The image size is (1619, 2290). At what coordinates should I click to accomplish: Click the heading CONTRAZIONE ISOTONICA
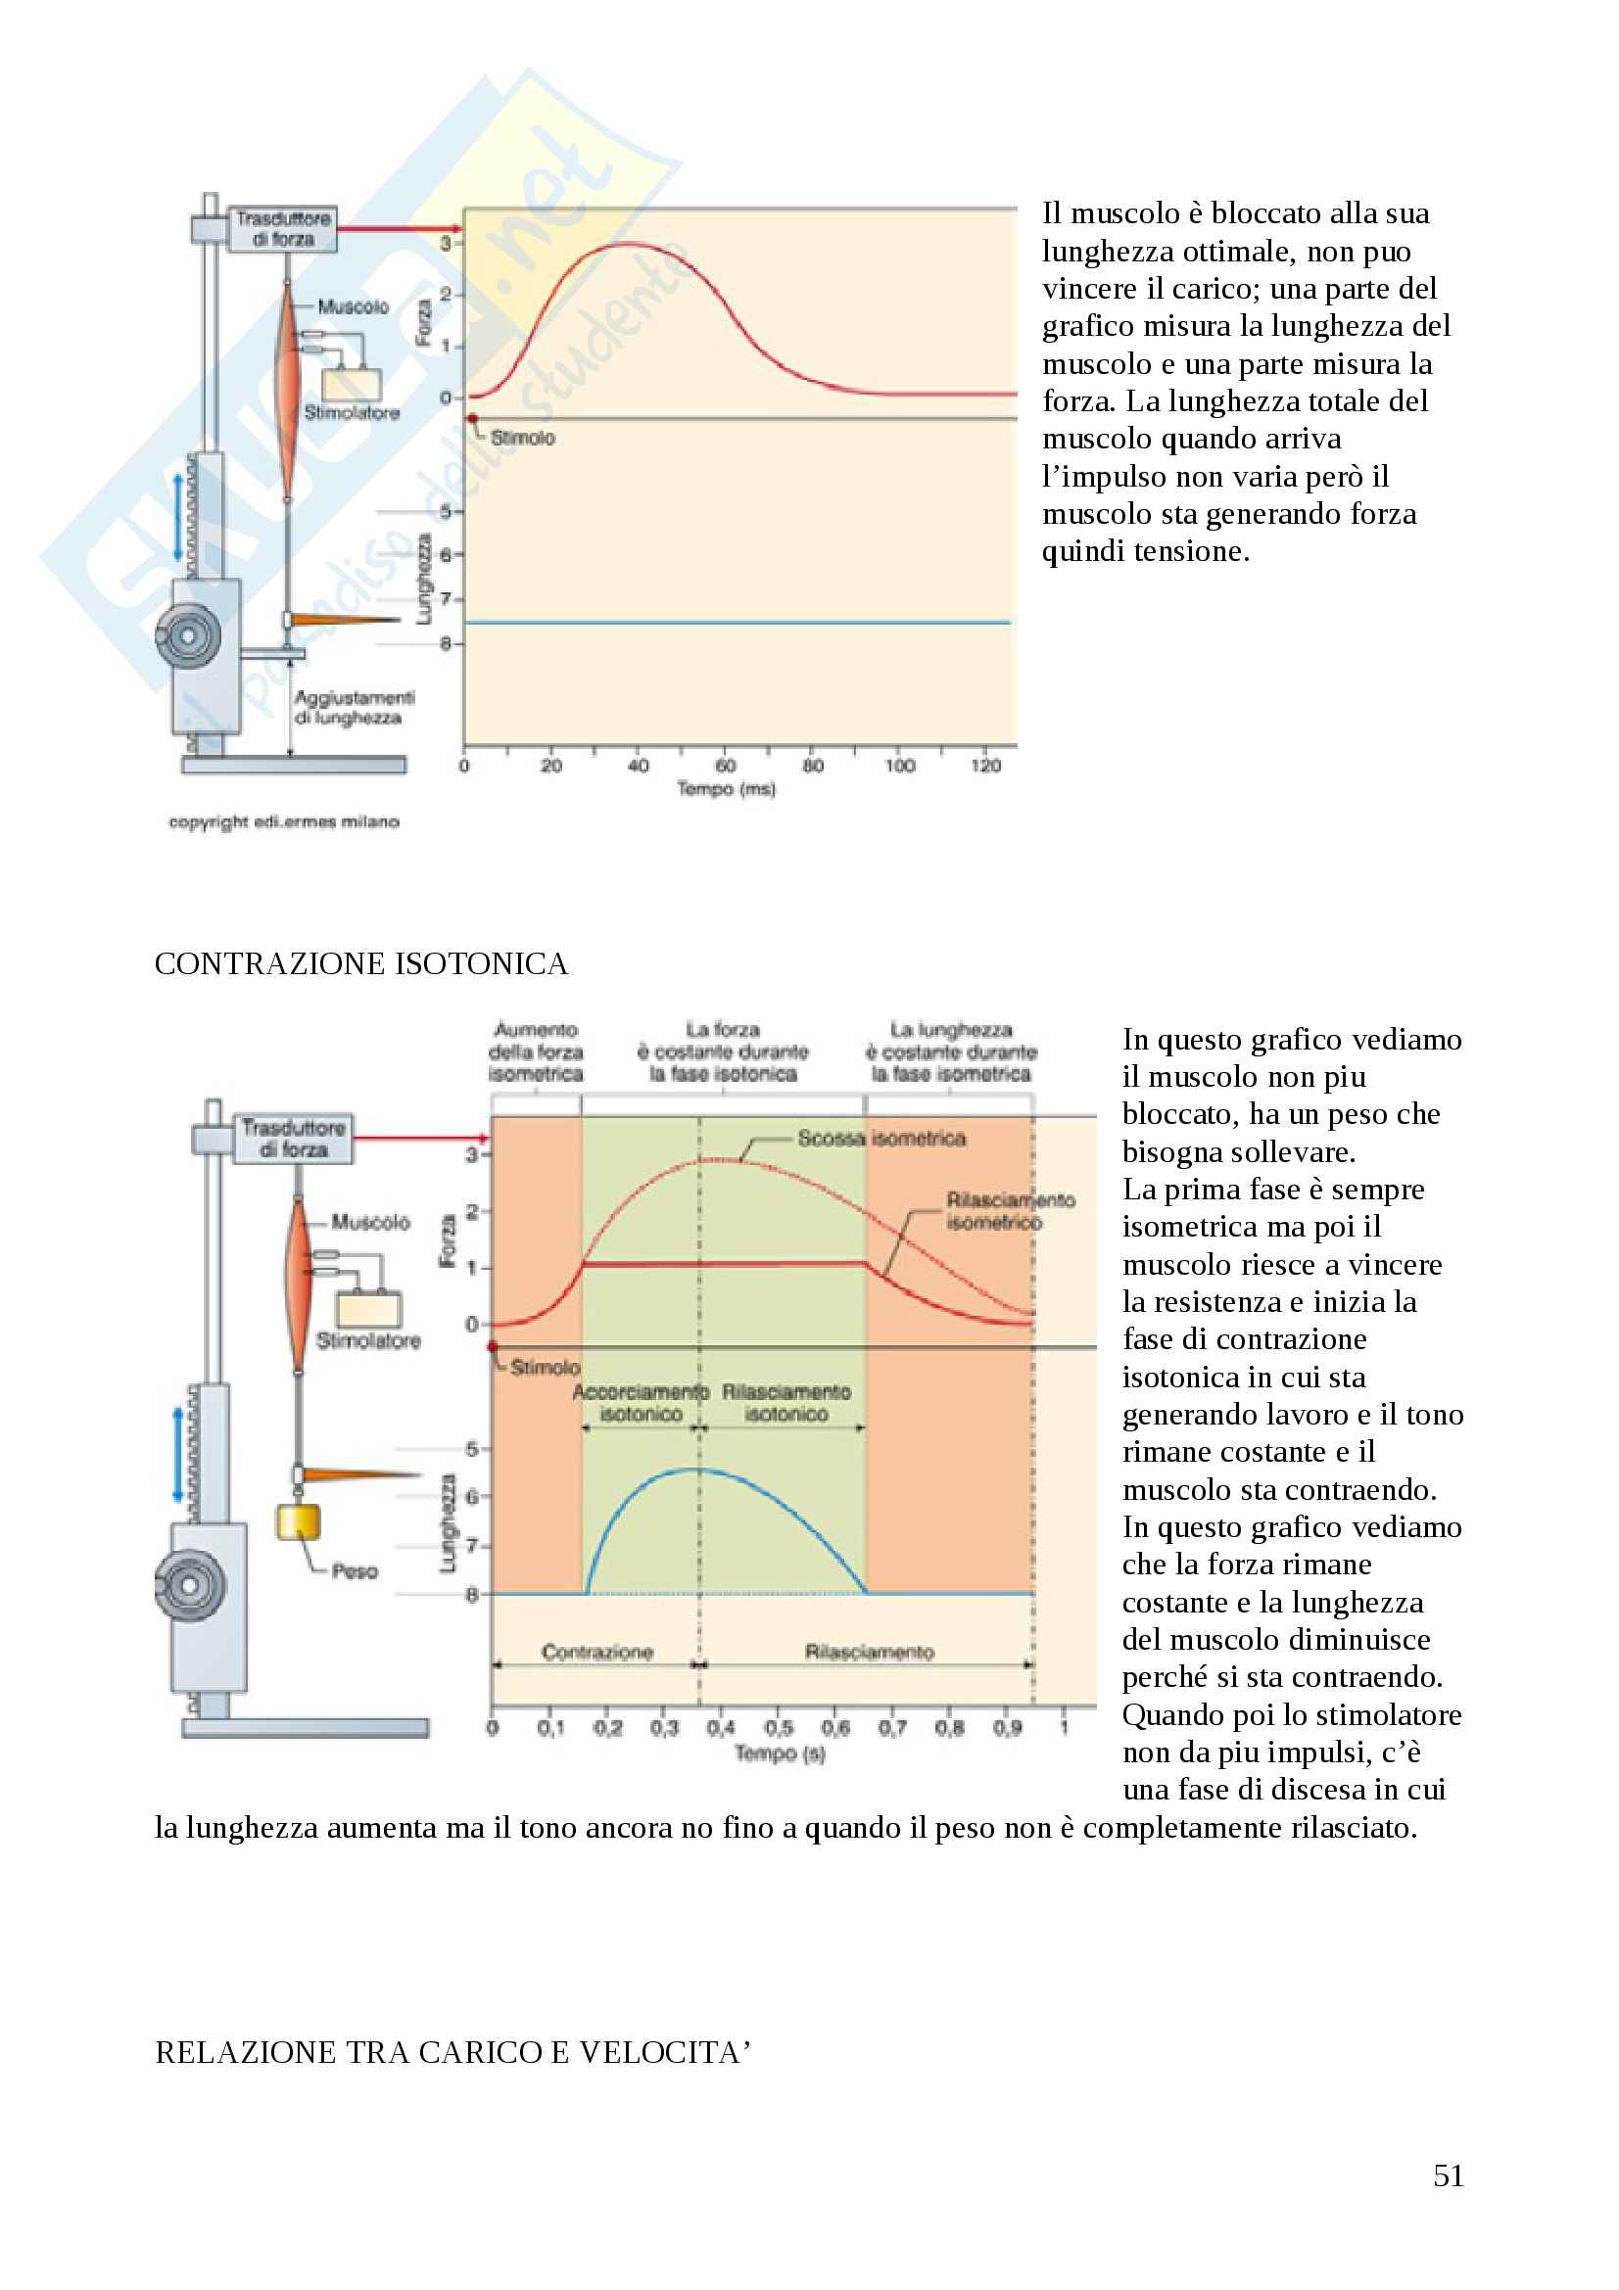[x=361, y=964]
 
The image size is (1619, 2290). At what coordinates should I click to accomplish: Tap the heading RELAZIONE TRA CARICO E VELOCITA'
[x=452, y=2053]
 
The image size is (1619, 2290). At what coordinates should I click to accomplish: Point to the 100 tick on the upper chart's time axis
[x=899, y=766]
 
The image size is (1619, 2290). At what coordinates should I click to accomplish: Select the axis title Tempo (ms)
[x=725, y=789]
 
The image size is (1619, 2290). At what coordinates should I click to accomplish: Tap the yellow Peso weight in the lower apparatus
[x=298, y=1523]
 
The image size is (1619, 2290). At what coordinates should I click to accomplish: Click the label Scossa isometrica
[x=881, y=1138]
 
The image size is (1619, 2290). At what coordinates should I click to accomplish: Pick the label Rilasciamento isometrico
[x=1010, y=1211]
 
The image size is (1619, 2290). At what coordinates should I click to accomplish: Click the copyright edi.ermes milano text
[x=283, y=821]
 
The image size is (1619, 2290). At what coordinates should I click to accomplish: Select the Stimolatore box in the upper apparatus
[x=352, y=385]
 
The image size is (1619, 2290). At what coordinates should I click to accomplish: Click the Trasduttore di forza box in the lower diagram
[x=293, y=1138]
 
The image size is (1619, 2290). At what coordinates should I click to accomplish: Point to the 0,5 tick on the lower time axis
[x=778, y=1728]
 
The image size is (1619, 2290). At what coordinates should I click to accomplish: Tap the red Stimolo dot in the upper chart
[x=473, y=419]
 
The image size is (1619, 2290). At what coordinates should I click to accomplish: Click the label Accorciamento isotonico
[x=641, y=1402]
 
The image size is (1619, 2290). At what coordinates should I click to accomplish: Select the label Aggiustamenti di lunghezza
[x=355, y=707]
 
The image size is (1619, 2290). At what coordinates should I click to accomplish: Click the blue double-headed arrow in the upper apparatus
[x=178, y=517]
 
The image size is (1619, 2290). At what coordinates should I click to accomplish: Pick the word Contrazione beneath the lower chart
[x=596, y=1653]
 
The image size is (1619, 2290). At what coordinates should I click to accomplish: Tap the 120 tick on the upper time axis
[x=985, y=766]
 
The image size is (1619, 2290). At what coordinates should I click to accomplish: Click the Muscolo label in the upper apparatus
[x=353, y=306]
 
